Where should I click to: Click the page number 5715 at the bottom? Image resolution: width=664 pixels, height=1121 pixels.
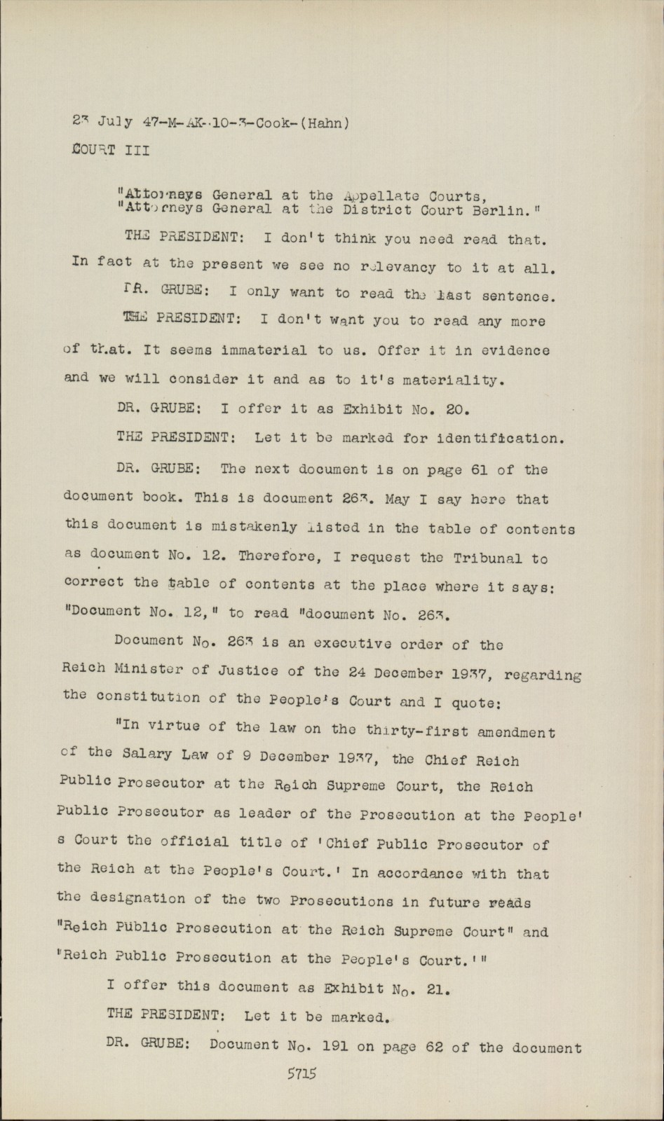coord(302,1073)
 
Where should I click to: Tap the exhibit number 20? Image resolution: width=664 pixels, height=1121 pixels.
coord(446,408)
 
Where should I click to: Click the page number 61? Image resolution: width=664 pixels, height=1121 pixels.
coord(480,470)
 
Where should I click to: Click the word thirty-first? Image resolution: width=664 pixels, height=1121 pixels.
coord(418,731)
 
